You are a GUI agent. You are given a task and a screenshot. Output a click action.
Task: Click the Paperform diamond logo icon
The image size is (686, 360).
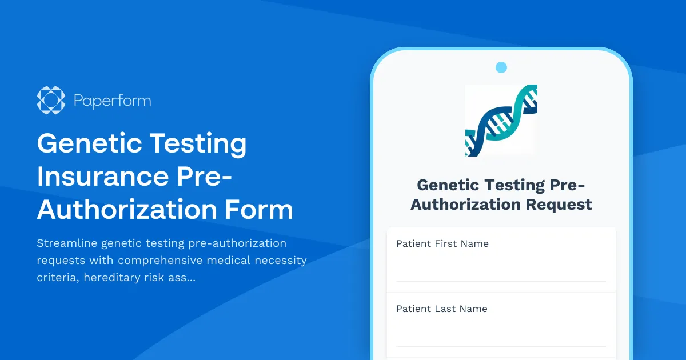51,101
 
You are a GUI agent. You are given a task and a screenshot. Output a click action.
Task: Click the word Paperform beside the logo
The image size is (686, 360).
113,101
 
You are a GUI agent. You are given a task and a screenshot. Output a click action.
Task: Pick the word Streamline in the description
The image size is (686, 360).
66,243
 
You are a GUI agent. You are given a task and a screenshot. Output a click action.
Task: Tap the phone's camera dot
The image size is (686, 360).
501,67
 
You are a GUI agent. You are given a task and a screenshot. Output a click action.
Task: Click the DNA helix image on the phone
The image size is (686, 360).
501,120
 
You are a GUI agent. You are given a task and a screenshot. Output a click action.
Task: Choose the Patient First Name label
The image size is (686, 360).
442,243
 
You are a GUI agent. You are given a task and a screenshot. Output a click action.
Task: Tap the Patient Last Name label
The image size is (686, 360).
442,309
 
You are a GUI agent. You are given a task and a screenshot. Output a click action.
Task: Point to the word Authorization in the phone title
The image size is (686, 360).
464,204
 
